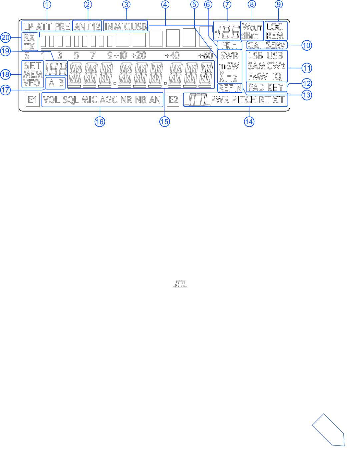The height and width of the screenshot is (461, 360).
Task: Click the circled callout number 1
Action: (x=47, y=5)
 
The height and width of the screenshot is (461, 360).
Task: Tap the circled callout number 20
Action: (x=6, y=37)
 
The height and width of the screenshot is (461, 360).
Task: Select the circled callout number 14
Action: (x=249, y=122)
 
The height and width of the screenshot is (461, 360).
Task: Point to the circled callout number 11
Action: (x=307, y=68)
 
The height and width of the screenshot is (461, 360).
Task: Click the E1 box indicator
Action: (x=32, y=100)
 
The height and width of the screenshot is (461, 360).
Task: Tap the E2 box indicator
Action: (x=173, y=100)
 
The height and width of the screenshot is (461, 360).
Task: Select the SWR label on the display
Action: (x=229, y=56)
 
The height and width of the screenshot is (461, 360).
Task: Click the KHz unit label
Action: (x=228, y=77)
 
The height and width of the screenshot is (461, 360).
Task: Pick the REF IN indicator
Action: (x=230, y=88)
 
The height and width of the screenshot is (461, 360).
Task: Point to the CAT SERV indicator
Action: (x=267, y=45)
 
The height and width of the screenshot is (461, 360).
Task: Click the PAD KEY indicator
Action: (x=266, y=87)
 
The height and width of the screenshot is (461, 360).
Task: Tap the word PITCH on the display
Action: (x=244, y=100)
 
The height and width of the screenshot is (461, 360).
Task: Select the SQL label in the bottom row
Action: (x=71, y=100)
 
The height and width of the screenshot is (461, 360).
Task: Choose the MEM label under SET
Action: (x=33, y=74)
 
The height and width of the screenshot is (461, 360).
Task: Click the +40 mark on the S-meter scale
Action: (x=172, y=55)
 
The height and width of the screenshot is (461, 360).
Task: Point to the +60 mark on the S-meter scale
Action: (x=206, y=55)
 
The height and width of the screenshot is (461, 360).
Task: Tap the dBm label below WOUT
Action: (x=250, y=36)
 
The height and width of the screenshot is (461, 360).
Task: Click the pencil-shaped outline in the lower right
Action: (x=328, y=430)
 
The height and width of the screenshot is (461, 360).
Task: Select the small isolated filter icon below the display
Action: (x=180, y=284)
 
